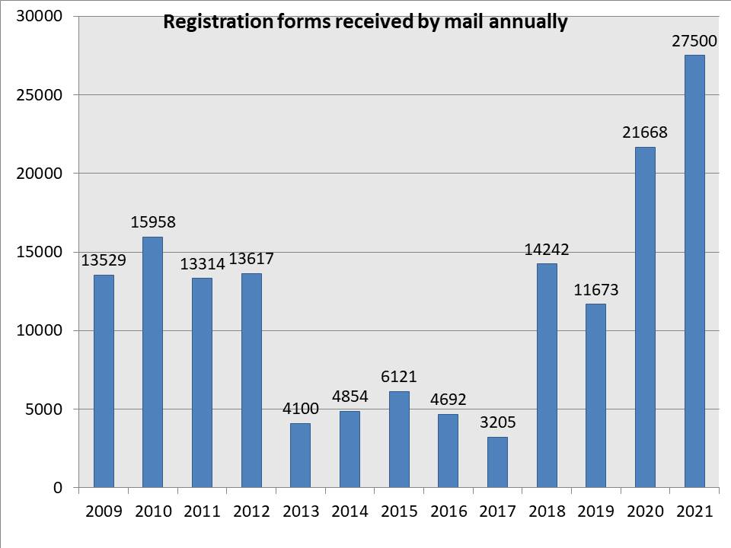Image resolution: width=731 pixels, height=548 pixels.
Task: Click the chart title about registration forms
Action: click(x=365, y=23)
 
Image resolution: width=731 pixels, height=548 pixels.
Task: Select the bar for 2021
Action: click(x=694, y=270)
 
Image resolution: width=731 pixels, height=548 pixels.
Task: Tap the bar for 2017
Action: click(x=497, y=462)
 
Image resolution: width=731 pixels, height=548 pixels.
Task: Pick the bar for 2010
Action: click(x=152, y=362)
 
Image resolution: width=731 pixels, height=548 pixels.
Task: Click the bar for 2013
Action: click(x=300, y=455)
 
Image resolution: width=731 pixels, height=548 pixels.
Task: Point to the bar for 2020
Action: click(x=645, y=317)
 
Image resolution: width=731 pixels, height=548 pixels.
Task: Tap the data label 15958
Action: click(x=152, y=222)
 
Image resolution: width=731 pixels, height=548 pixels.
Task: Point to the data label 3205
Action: click(x=497, y=422)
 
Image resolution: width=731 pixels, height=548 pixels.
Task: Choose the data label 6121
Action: click(x=399, y=377)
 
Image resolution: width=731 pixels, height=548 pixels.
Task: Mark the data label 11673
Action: click(x=595, y=289)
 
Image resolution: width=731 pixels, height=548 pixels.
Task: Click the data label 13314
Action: click(x=202, y=264)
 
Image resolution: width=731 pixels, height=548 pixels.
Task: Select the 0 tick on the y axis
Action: click(x=59, y=488)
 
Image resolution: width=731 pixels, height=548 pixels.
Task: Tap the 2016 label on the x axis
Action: click(x=448, y=511)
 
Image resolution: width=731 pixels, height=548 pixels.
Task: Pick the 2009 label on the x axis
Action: click(x=103, y=511)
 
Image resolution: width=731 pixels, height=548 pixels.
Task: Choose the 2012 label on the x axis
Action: click(x=251, y=511)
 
